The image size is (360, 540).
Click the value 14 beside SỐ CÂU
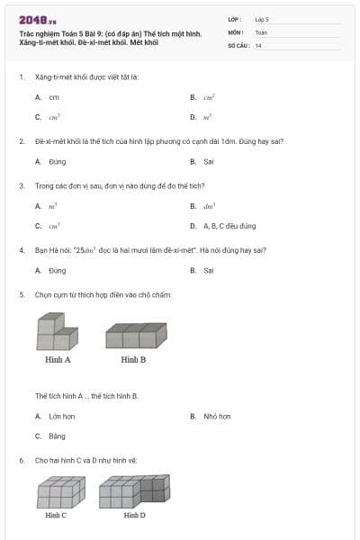[x=258, y=45]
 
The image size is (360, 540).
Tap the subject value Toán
[x=261, y=31]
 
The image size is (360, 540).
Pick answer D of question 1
[x=207, y=117]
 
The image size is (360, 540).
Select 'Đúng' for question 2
[x=58, y=162]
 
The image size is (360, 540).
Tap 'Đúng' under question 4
[x=58, y=270]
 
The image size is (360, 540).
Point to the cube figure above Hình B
[x=135, y=336]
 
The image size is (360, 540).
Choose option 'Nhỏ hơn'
[x=217, y=417]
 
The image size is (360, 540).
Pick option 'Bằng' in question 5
[x=58, y=436]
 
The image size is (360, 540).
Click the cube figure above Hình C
[x=61, y=493]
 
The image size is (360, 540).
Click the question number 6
[x=21, y=460]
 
